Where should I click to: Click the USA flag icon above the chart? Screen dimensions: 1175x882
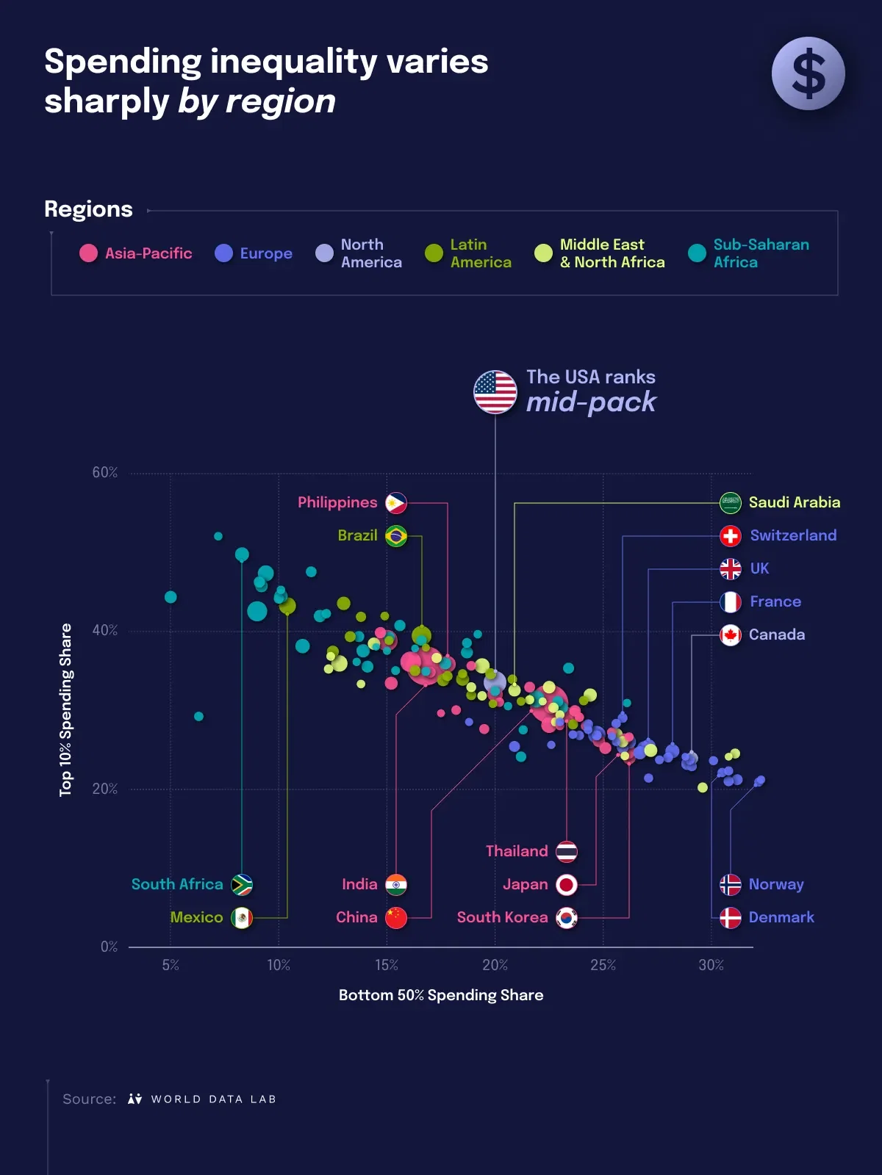[x=495, y=391]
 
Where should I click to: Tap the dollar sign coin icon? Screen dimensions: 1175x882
[x=808, y=73]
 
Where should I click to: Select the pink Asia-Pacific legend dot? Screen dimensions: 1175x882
[x=88, y=253]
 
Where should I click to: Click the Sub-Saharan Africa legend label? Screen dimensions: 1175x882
[x=761, y=253]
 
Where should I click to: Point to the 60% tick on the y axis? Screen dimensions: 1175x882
[x=105, y=472]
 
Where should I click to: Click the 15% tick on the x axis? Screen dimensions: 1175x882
[x=387, y=965]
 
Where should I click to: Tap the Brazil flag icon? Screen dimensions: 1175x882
[x=396, y=536]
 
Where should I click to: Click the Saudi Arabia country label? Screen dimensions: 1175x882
[x=794, y=502]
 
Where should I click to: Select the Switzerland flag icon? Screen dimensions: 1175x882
[x=730, y=536]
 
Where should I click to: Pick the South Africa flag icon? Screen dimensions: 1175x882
[x=242, y=885]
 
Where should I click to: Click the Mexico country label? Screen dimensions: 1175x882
[x=196, y=917]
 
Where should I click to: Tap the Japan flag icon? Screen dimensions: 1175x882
[x=567, y=885]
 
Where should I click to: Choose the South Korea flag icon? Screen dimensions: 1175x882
[x=567, y=918]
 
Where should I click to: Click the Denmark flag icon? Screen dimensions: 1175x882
[x=730, y=918]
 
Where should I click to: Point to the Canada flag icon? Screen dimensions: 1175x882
[x=730, y=635]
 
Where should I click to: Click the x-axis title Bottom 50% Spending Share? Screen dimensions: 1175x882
[x=441, y=995]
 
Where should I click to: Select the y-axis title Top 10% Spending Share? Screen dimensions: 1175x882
[x=66, y=709]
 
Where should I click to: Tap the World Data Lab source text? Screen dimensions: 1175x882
[x=213, y=1099]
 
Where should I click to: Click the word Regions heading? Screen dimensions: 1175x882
[x=88, y=209]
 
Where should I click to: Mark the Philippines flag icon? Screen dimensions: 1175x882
[x=396, y=503]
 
